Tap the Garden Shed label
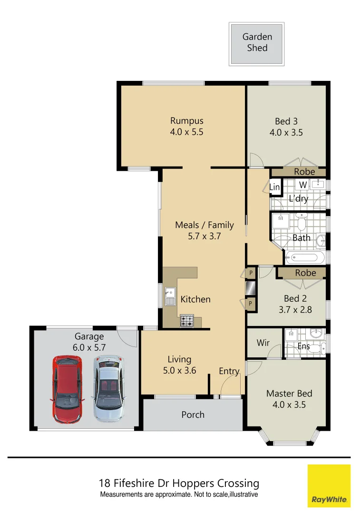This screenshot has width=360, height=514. point(257,42)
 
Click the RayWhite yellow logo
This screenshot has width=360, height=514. point(329,486)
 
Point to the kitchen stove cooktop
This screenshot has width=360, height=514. point(187,322)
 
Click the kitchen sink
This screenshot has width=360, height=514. point(169,296)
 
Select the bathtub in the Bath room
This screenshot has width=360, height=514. point(304,258)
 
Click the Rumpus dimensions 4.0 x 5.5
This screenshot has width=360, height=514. point(186,132)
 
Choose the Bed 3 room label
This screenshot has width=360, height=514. point(286,121)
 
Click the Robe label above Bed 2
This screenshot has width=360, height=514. point(305,273)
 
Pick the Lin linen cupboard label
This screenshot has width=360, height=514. point(274,188)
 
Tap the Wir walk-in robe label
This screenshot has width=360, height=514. point(263,343)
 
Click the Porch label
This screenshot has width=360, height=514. point(193,415)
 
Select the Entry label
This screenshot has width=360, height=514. point(229,371)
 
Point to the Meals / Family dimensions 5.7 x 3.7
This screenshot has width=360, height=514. point(204,236)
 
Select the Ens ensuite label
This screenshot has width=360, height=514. point(303,346)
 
